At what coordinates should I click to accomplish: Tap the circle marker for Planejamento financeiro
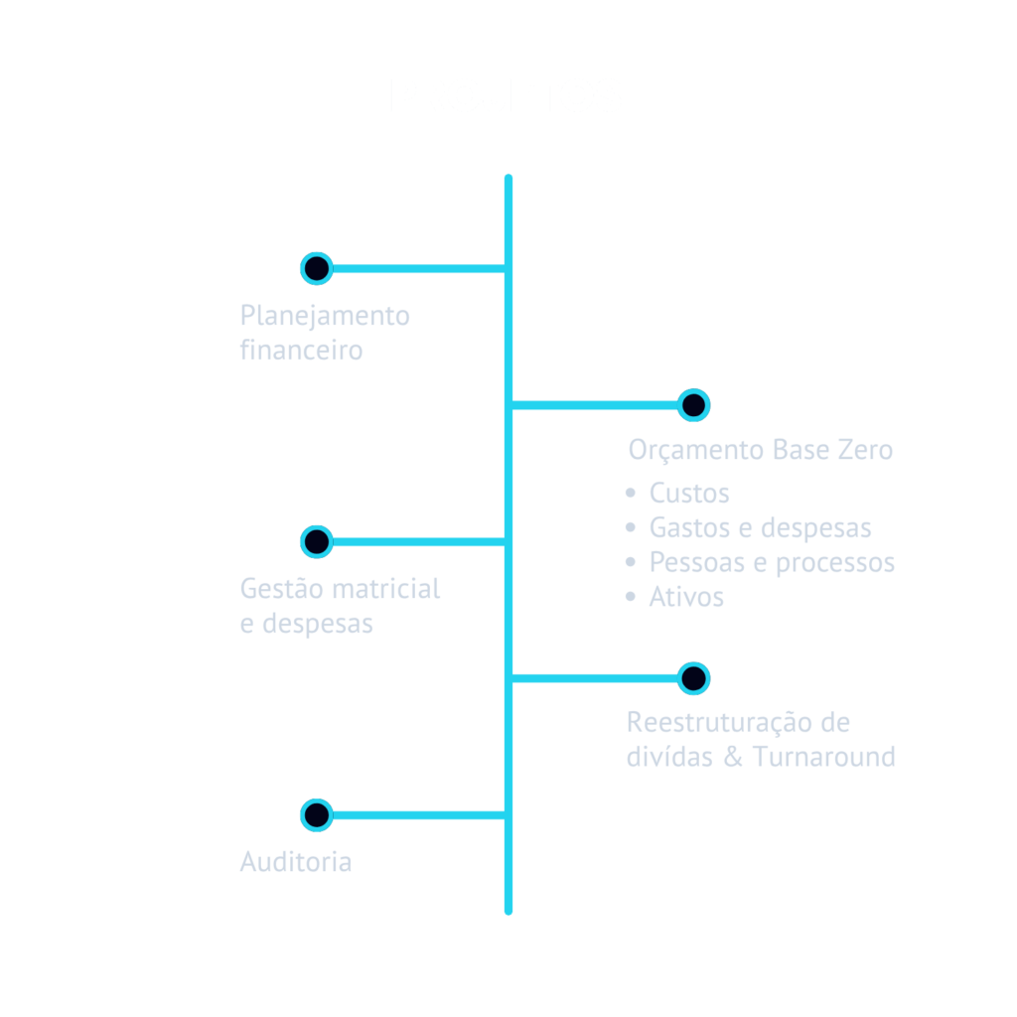click(316, 268)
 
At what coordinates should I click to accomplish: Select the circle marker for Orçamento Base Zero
click(693, 405)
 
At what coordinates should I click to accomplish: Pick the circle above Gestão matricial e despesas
click(316, 541)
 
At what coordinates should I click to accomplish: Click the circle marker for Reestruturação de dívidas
click(693, 678)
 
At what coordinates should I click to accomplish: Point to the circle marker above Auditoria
click(316, 814)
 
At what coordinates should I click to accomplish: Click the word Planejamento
click(325, 317)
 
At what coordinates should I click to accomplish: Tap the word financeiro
click(301, 351)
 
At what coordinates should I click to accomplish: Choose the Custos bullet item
click(688, 493)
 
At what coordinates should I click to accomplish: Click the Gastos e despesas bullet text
click(760, 527)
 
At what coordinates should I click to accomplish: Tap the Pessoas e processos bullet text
click(772, 562)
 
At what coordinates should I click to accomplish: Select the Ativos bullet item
click(685, 597)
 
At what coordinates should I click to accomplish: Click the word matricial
click(385, 589)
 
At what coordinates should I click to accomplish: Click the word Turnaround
click(823, 757)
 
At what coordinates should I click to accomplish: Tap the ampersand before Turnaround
click(733, 757)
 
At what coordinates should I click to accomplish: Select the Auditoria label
click(296, 861)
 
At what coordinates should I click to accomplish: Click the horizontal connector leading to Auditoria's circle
click(417, 815)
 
